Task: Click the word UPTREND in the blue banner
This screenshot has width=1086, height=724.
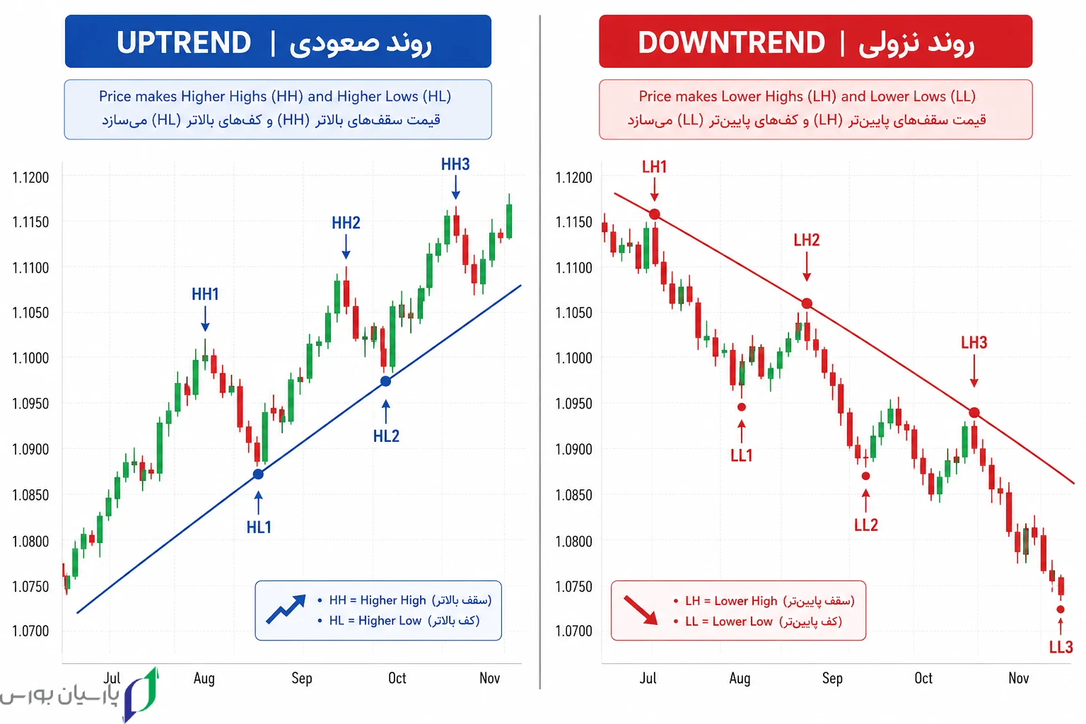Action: [184, 42]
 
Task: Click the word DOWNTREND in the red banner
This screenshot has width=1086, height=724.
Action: [731, 42]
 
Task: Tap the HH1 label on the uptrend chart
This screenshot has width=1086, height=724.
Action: [205, 294]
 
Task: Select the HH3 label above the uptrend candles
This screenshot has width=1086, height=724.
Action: [455, 165]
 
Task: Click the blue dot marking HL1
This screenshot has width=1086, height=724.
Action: [258, 474]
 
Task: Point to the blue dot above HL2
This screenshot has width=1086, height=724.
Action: [385, 381]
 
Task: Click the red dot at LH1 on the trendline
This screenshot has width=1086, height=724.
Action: [655, 214]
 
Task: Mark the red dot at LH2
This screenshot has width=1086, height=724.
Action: [807, 303]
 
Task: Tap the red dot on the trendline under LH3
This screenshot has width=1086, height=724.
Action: [974, 413]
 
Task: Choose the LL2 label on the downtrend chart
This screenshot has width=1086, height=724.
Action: [866, 525]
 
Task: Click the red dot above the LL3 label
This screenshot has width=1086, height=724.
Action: [1061, 609]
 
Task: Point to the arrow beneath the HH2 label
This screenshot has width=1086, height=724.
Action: [346, 247]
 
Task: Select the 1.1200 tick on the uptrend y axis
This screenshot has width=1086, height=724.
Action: [30, 177]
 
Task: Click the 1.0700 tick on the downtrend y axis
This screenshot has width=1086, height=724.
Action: [573, 631]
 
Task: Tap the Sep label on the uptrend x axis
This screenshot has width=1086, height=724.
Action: [302, 678]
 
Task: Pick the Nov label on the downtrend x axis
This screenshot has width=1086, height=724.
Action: [1019, 678]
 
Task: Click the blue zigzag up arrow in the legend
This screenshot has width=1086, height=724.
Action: [286, 609]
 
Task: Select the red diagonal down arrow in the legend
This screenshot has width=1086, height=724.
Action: [641, 610]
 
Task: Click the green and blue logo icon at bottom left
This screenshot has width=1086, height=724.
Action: [141, 694]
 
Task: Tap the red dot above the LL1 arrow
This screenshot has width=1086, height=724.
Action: [741, 407]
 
